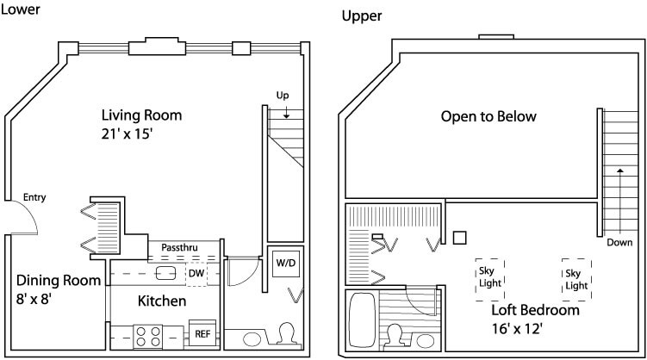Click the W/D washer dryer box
[x=285, y=262]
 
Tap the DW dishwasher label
[x=196, y=273]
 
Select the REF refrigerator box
[x=202, y=333]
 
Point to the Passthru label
[x=179, y=248]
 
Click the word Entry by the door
[x=34, y=197]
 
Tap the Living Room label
[x=141, y=115]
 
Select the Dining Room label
[x=59, y=280]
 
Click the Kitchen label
[x=162, y=301]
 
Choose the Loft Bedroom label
[x=535, y=310]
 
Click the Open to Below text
[x=488, y=116]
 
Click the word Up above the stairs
[x=282, y=94]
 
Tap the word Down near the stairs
[x=619, y=243]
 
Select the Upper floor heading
[x=362, y=16]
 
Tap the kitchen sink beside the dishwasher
[x=165, y=274]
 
